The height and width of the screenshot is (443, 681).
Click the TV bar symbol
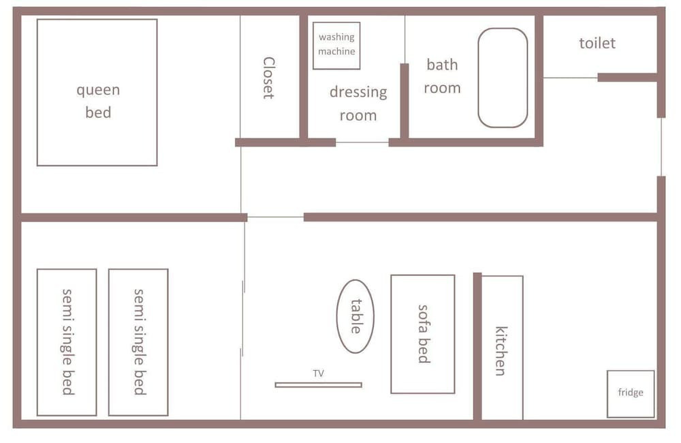318,385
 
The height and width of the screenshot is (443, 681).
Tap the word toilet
597,43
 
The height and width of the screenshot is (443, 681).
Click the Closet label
269,78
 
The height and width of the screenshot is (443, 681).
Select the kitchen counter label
501,351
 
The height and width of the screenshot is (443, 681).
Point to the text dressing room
358,104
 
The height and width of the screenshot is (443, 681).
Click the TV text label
318,373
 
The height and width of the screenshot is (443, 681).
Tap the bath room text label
442,76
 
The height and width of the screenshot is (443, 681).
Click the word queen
98,91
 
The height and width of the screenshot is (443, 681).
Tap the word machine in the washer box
336,51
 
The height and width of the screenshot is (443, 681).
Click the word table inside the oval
356,316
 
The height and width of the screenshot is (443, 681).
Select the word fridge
631,393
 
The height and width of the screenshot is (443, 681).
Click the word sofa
423,318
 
